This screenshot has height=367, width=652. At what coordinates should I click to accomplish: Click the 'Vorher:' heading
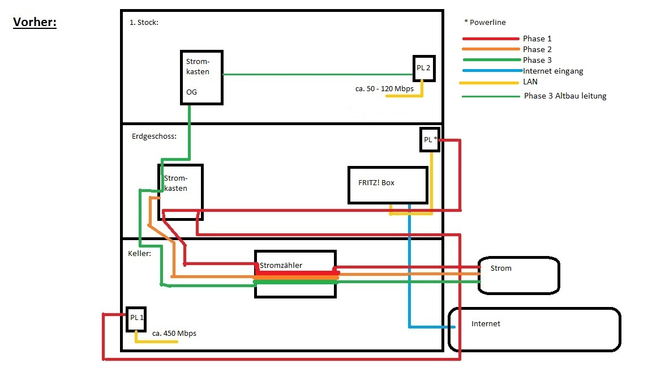[35, 23]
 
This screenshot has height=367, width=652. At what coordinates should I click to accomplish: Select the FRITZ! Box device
[388, 185]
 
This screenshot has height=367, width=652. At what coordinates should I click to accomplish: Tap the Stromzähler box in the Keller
[295, 274]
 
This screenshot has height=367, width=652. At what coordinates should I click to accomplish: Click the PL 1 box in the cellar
[136, 319]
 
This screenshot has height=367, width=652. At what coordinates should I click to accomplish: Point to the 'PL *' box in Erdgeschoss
[430, 139]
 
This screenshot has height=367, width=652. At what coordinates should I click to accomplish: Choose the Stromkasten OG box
[201, 77]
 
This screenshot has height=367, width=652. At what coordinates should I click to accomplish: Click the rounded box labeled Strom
[518, 275]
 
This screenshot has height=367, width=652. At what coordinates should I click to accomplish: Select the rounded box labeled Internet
[534, 329]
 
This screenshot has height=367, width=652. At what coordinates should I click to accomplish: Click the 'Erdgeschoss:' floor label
[154, 136]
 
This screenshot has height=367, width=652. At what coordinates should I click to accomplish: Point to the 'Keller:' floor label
[140, 254]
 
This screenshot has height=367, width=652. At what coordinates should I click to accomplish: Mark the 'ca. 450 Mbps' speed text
[174, 334]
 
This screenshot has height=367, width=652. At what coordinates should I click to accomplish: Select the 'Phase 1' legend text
[537, 39]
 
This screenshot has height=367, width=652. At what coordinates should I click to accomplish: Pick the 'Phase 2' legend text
[537, 49]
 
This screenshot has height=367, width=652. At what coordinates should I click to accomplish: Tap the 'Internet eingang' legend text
[552, 71]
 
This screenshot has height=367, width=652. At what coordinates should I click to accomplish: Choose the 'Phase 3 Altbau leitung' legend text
[564, 96]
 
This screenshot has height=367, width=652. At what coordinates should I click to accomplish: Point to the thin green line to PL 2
[317, 74]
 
